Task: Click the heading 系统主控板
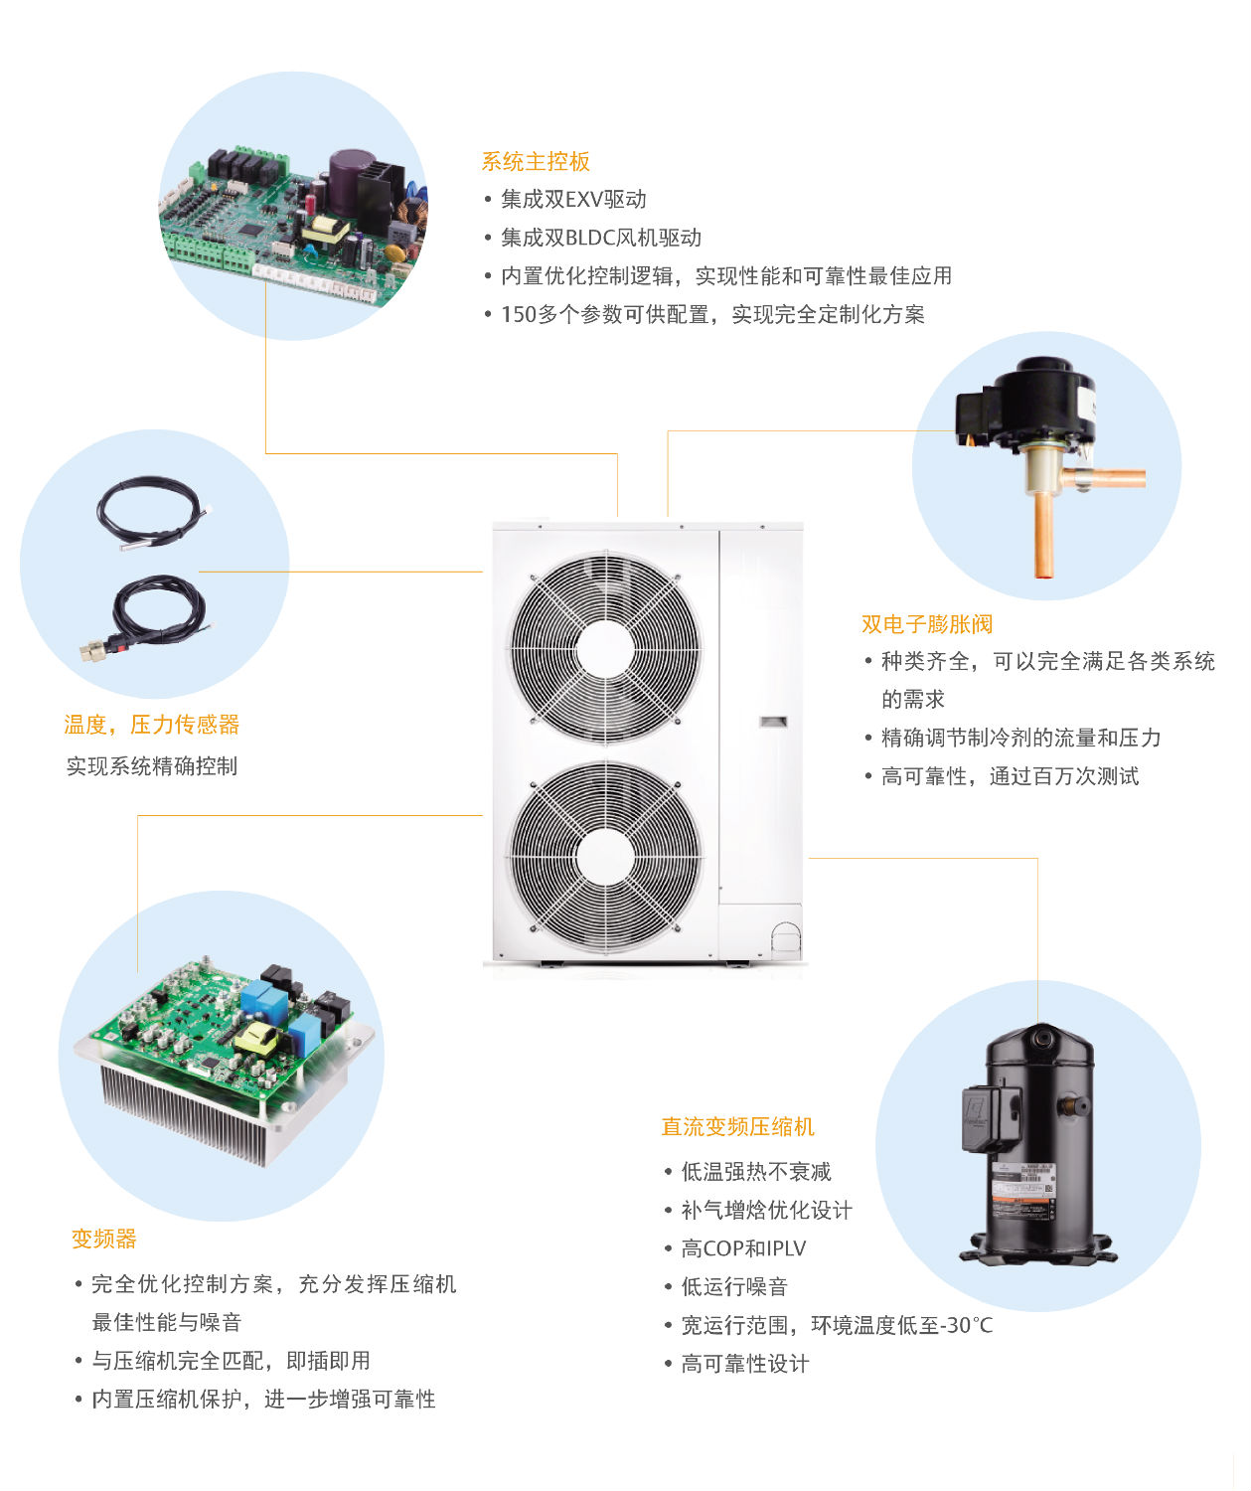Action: tap(536, 161)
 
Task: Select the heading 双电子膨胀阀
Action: tap(926, 624)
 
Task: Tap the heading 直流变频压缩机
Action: tap(737, 1126)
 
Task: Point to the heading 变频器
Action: tap(103, 1239)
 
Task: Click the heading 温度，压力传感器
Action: tap(152, 725)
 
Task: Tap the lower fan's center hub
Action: tap(604, 858)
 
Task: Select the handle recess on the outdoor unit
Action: tap(774, 722)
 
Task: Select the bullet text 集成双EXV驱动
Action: tap(573, 200)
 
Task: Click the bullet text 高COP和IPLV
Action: tap(743, 1248)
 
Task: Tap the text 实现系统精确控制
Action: tap(152, 766)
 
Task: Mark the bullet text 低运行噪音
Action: tap(734, 1287)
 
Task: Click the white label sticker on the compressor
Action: tap(1023, 1188)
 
